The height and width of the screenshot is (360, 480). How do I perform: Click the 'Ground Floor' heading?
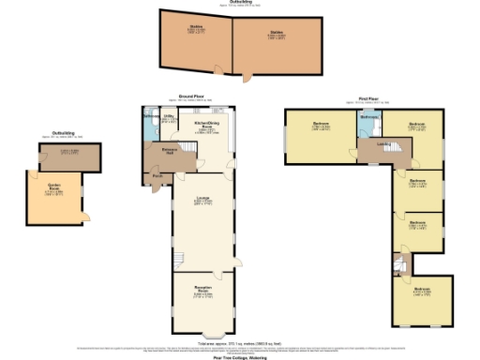tap(191, 96)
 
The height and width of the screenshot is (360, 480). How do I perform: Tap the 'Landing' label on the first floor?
tap(382, 143)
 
